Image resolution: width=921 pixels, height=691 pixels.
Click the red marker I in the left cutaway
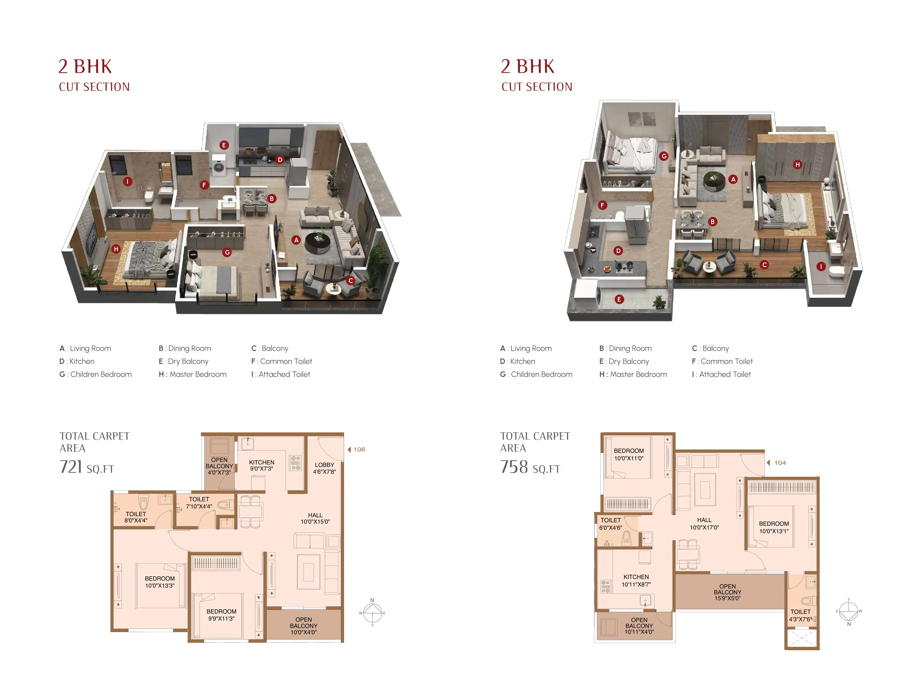coord(127,182)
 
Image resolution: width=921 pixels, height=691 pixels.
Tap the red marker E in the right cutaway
coord(619,299)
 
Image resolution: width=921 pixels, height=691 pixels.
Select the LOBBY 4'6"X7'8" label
coord(324,468)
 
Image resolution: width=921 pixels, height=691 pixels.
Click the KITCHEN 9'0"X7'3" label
coord(261,465)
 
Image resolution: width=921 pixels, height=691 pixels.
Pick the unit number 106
coord(359,449)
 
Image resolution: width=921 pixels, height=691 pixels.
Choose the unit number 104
coord(779,463)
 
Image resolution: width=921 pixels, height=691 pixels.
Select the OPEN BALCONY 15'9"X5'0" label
coord(727,592)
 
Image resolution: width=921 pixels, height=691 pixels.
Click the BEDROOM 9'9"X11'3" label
coord(221,615)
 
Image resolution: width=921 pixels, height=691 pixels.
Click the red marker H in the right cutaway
coord(797,164)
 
